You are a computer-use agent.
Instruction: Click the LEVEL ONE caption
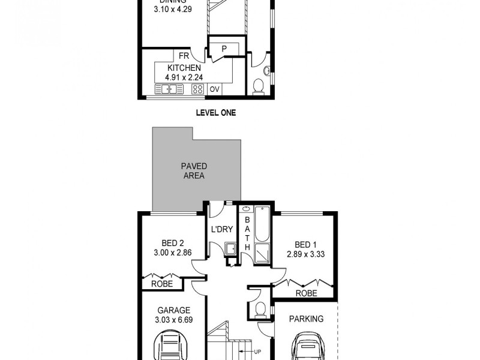[x=217, y=112]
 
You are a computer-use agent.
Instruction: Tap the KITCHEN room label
[x=184, y=68]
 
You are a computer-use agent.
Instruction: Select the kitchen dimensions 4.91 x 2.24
[x=184, y=77]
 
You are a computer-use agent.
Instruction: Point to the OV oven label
[x=214, y=89]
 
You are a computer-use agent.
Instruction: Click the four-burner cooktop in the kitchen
[x=197, y=89]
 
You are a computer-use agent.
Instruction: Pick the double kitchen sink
[x=170, y=89]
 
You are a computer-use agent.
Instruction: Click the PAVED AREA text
[x=194, y=171]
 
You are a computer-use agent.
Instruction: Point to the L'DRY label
[x=221, y=229]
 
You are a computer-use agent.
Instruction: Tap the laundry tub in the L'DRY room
[x=230, y=248]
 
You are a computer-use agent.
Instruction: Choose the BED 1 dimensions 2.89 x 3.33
[x=305, y=254]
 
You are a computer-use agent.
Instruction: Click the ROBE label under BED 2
[x=162, y=284]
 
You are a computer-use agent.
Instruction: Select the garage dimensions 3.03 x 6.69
[x=174, y=319]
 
